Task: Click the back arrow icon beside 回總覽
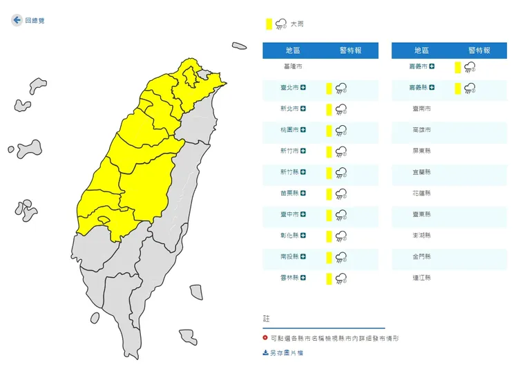(17, 21)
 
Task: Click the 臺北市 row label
(290, 88)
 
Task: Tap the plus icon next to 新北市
(303, 109)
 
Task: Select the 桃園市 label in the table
(290, 130)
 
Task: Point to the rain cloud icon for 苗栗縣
(340, 194)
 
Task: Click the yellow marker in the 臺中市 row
(329, 215)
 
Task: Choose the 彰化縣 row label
(290, 236)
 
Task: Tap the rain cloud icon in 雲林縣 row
(340, 279)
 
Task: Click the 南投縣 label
(290, 257)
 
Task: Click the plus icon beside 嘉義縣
(432, 88)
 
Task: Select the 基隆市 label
(293, 67)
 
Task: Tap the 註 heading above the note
(267, 319)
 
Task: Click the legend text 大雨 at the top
(297, 24)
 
